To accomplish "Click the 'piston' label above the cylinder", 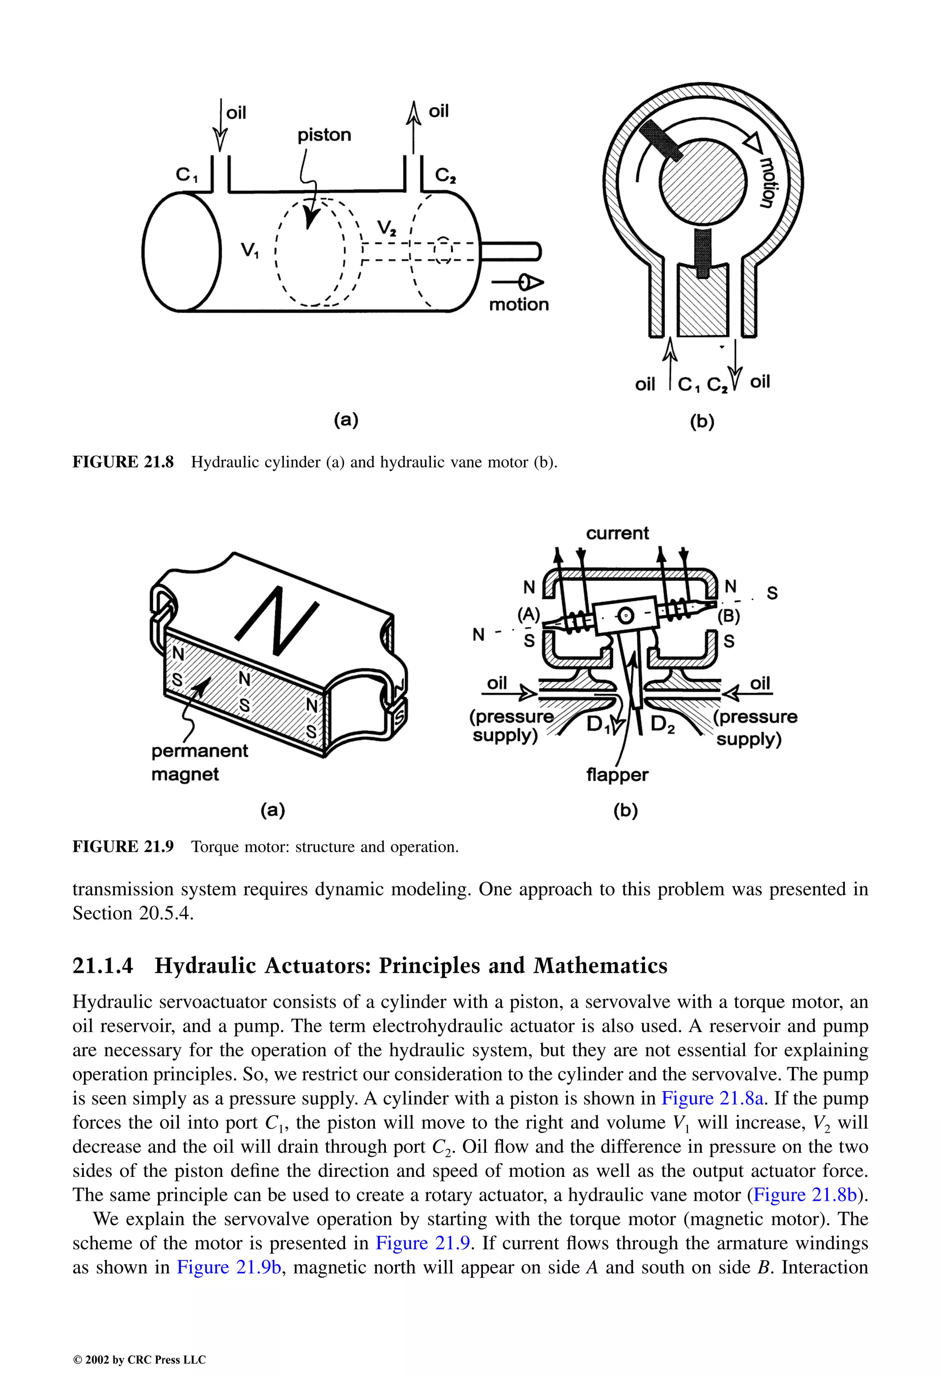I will tap(324, 135).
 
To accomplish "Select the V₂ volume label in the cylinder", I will tap(387, 228).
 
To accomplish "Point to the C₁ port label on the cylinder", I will tap(187, 175).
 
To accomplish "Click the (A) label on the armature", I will tap(528, 615).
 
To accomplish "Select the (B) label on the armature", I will tap(729, 617).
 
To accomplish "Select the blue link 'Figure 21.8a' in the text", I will tap(712, 1098).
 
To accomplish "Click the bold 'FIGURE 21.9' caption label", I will tap(123, 847).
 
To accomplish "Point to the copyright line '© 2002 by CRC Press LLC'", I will tap(139, 1359).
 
